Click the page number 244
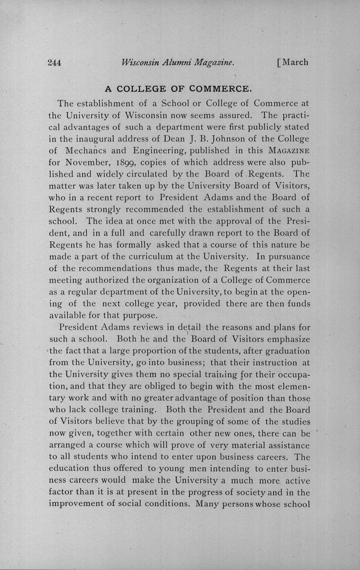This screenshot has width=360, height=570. pyautogui.click(x=55, y=63)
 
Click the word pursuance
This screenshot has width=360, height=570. pyautogui.click(x=289, y=256)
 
